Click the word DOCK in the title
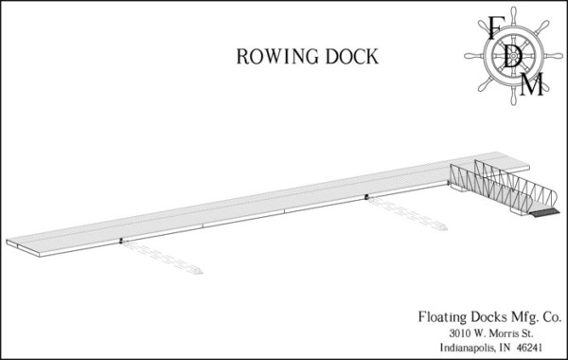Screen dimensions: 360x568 coord(351,57)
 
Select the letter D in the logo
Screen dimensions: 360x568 coord(513,56)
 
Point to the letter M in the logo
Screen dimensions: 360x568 coord(534,86)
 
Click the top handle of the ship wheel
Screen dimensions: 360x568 coord(512,12)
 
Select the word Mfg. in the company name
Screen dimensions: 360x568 coord(516,317)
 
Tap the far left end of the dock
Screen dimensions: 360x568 coord(11,243)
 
